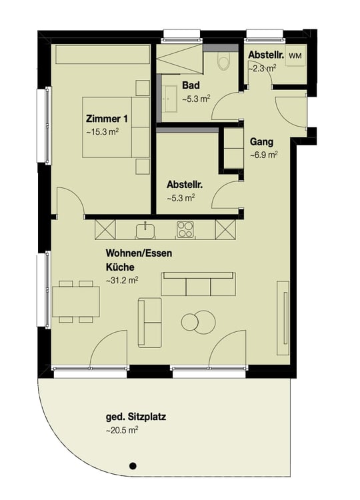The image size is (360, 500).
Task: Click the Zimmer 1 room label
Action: [x=107, y=119]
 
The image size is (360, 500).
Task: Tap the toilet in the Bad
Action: [x=223, y=62]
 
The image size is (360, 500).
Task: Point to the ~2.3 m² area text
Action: [x=261, y=67]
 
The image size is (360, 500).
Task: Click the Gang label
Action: [x=260, y=142]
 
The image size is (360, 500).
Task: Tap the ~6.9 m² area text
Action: [x=264, y=155]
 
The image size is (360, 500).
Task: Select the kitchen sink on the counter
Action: [x=146, y=230]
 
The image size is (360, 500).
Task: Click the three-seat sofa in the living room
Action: [x=198, y=285]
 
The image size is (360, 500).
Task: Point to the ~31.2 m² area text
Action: [x=122, y=281]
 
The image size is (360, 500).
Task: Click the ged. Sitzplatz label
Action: [x=136, y=418]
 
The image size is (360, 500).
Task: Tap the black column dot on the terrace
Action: [x=133, y=465]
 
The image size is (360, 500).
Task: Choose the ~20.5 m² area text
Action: [x=123, y=431]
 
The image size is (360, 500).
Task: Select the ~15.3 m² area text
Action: [x=103, y=133]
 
